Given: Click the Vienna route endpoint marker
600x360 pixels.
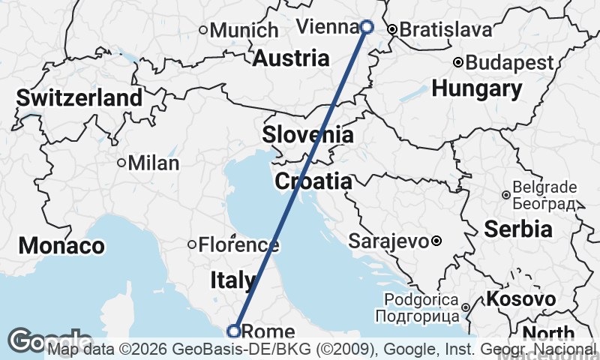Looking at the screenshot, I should tap(367, 27).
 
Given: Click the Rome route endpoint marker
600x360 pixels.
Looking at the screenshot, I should tap(234, 331).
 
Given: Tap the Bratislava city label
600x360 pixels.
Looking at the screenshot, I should tap(445, 30).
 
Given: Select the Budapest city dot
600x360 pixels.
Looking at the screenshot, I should tap(458, 62).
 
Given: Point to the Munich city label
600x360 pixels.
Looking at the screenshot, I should tap(244, 31).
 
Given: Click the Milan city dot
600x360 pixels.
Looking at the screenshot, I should tap(121, 163).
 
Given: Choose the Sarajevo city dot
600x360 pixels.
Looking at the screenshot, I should tap(436, 241).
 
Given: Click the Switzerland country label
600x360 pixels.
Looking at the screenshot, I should tap(79, 97).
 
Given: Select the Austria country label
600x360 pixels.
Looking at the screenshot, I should tap(291, 58).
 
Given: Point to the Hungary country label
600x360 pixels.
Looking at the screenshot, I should tap(477, 88).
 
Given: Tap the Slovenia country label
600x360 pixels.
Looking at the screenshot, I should tap(307, 135).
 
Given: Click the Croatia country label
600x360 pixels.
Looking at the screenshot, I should tap(313, 181).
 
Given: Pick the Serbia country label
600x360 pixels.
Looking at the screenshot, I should tap(518, 229).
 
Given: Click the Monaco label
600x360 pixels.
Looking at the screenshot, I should tap(61, 245).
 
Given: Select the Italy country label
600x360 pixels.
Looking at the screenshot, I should tap(232, 280).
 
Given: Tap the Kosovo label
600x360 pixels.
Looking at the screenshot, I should tap(521, 299).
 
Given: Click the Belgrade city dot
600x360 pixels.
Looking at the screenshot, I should tap(506, 195).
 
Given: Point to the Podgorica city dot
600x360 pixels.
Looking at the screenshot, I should tap(465, 307).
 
